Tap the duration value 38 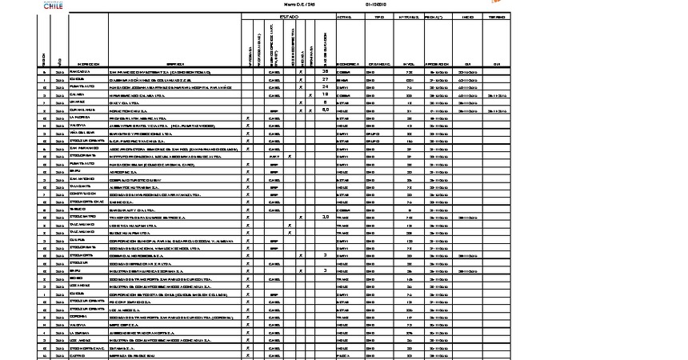(x=326, y=71)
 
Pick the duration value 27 (x=326, y=79)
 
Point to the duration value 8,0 (x=326, y=110)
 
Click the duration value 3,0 (x=326, y=216)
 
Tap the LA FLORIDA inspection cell (x=79, y=118)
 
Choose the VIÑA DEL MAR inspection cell (x=80, y=133)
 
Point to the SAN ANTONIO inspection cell (x=80, y=178)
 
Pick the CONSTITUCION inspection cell (x=81, y=194)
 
